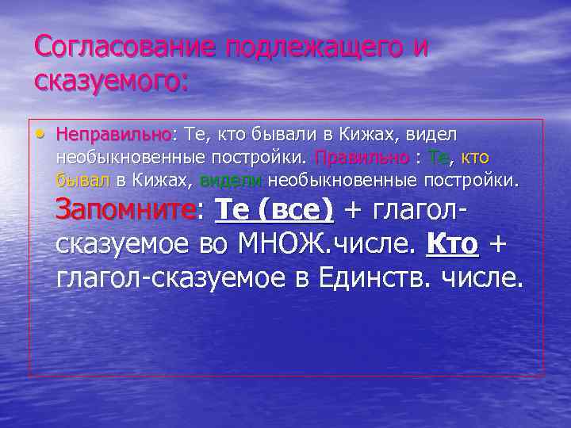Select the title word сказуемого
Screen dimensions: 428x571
pos(112,81)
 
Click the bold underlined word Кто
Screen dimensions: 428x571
pos(452,244)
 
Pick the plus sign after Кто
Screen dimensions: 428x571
pos(497,244)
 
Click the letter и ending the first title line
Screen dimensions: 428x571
pos(420,48)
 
